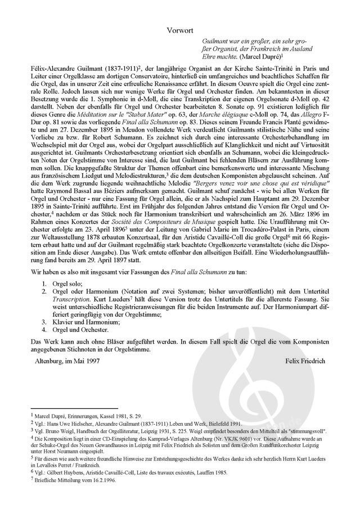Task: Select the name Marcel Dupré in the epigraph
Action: (259, 57)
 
